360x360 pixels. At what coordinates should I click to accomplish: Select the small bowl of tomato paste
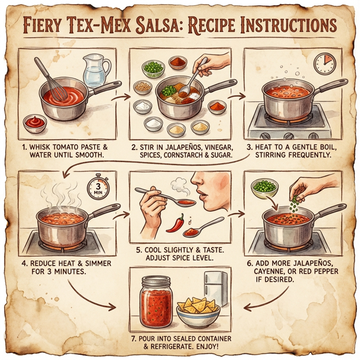(x=35, y=124)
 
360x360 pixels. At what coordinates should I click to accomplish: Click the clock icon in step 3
(x=323, y=62)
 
